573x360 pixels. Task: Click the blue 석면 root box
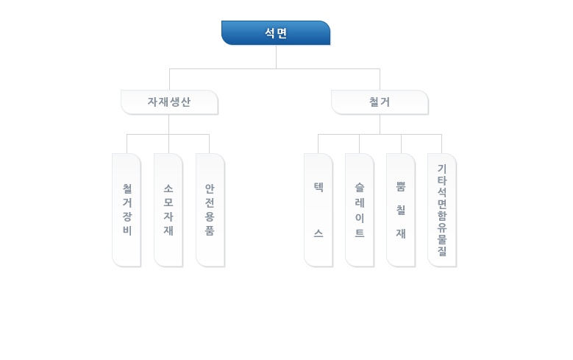click(x=276, y=33)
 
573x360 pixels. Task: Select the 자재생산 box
click(x=170, y=102)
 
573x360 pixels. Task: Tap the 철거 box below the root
click(x=380, y=102)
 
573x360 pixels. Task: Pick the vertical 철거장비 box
click(x=127, y=210)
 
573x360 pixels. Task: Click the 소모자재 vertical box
click(x=168, y=210)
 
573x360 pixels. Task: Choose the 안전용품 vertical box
click(x=210, y=210)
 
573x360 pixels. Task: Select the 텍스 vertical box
click(x=318, y=210)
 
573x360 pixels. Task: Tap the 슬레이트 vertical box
click(x=360, y=210)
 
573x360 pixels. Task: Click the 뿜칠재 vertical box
click(x=401, y=210)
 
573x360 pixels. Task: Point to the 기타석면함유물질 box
click(x=442, y=210)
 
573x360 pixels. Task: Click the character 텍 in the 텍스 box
click(x=318, y=187)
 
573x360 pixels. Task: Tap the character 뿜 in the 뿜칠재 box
click(x=401, y=186)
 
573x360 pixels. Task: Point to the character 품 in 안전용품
click(x=210, y=230)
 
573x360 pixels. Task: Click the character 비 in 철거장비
click(x=127, y=230)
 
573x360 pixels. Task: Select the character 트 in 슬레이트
click(x=360, y=233)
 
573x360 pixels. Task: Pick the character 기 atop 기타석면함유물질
click(x=442, y=169)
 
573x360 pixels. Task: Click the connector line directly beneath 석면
click(x=276, y=57)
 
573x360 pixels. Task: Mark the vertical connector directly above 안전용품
click(x=209, y=144)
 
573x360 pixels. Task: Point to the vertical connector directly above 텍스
click(x=318, y=144)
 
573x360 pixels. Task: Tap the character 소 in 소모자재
click(x=168, y=188)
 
